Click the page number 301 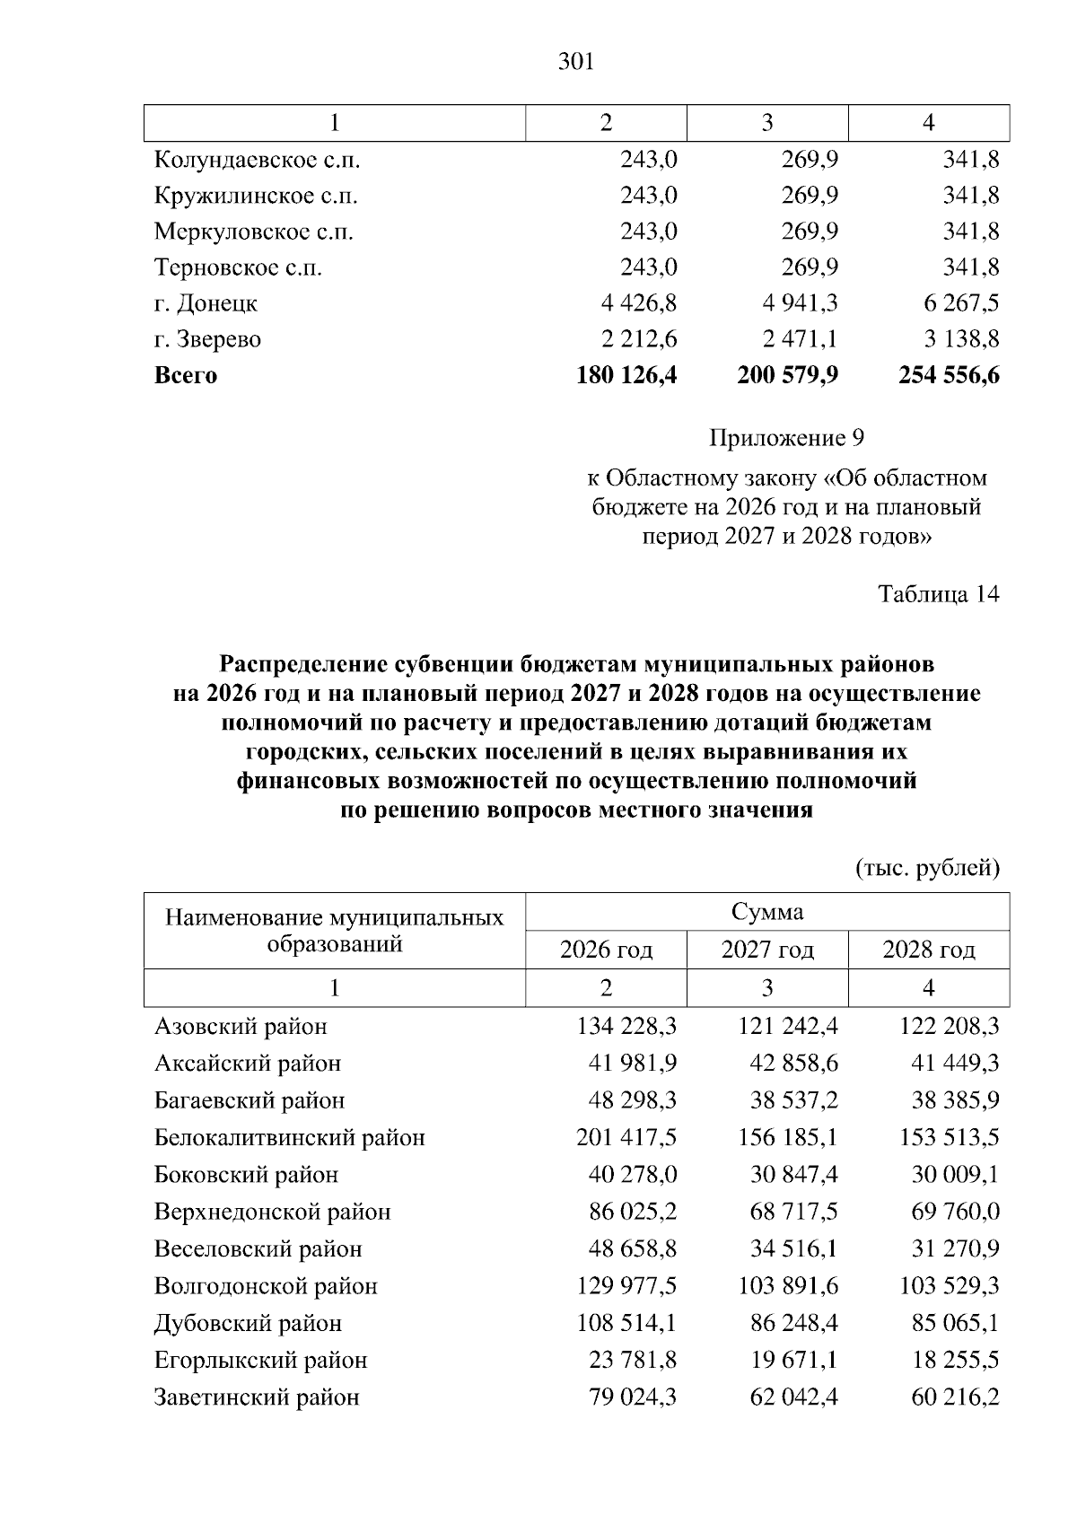[x=576, y=62]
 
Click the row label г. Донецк [x=206, y=303]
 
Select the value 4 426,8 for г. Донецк [x=638, y=303]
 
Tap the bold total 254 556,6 [x=949, y=375]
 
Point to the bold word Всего [x=186, y=375]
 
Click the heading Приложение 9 [x=786, y=438]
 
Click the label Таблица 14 [x=938, y=594]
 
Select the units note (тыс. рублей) [x=927, y=868]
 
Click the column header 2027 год [x=767, y=950]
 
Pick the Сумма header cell [x=767, y=912]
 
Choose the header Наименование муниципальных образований [x=335, y=931]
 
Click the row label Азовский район [x=241, y=1026]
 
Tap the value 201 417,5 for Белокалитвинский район [x=626, y=1137]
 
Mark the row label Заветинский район [x=257, y=1397]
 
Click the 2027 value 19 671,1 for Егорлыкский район [x=793, y=1360]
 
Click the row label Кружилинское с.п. [x=256, y=196]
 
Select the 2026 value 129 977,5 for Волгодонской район [x=626, y=1286]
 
